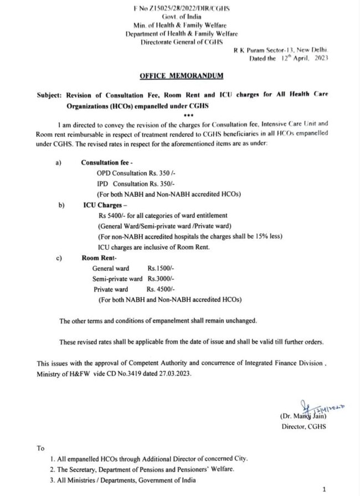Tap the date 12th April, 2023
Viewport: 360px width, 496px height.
point(289,58)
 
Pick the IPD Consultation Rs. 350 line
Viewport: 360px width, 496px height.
point(131,183)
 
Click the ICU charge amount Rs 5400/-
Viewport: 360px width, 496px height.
point(113,216)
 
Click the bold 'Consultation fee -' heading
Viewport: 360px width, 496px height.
point(110,163)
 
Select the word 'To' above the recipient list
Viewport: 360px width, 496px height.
point(41,448)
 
